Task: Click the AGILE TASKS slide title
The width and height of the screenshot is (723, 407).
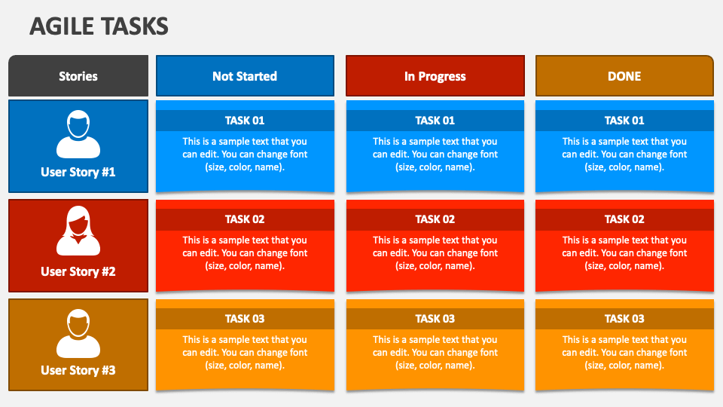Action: pyautogui.click(x=99, y=26)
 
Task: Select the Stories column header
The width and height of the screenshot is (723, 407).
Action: pyautogui.click(x=78, y=76)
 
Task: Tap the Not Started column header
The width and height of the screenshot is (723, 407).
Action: pyautogui.click(x=245, y=76)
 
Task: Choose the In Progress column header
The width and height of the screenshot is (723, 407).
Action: pyautogui.click(x=435, y=76)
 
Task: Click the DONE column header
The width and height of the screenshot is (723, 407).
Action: pyautogui.click(x=624, y=76)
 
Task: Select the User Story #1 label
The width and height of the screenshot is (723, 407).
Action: pyautogui.click(x=78, y=172)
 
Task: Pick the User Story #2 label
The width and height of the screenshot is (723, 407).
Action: pyautogui.click(x=78, y=271)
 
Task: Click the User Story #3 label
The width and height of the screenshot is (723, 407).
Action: pyautogui.click(x=78, y=370)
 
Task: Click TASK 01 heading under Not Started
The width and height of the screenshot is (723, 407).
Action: pyautogui.click(x=245, y=121)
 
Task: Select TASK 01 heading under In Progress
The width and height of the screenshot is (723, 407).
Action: pyautogui.click(x=435, y=121)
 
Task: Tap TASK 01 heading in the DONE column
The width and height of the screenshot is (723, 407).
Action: pyautogui.click(x=624, y=121)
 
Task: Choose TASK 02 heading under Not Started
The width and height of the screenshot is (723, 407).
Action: pyautogui.click(x=245, y=219)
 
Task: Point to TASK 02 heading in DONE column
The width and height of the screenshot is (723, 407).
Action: pyautogui.click(x=624, y=219)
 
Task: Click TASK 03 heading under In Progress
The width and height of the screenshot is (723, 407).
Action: pyautogui.click(x=435, y=319)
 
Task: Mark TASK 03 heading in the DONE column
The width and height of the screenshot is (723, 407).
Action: pyautogui.click(x=624, y=319)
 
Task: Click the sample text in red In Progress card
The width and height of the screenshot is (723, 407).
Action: pyautogui.click(x=435, y=253)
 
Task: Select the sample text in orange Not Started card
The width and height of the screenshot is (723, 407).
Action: pyautogui.click(x=245, y=352)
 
